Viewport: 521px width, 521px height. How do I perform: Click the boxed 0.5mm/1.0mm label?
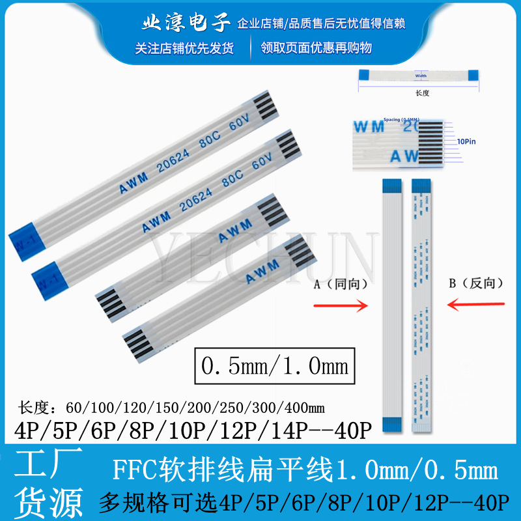(x=275, y=365)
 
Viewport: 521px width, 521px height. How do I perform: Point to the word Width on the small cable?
(x=421, y=76)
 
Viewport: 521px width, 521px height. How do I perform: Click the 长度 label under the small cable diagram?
(x=422, y=92)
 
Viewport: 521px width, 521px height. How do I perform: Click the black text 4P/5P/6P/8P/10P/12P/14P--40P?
(x=188, y=430)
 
